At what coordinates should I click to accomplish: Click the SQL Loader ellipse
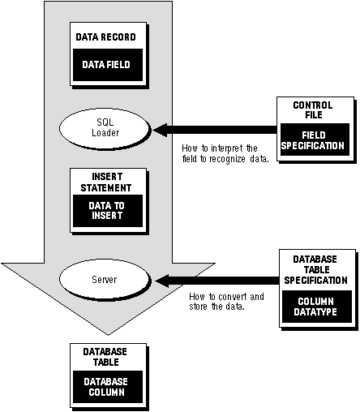104,128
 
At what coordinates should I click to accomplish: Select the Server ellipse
104,279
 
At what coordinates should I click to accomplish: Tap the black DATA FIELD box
108,65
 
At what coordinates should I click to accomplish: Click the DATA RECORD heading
105,37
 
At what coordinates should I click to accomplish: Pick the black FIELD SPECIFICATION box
315,139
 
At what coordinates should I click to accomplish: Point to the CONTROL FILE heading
313,109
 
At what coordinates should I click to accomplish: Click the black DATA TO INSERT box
108,211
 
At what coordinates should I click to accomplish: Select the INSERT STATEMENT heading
106,182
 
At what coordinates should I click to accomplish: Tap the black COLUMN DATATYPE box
317,307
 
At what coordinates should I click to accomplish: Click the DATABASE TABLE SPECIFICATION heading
315,270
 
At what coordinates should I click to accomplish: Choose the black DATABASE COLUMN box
108,387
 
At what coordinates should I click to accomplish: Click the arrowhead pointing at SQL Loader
160,130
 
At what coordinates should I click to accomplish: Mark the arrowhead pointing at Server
162,281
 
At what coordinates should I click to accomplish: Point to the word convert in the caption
233,297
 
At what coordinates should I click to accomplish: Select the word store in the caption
199,307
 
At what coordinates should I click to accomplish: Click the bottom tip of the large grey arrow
109,335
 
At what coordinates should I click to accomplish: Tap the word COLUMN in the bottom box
107,393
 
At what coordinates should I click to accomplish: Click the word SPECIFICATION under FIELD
312,146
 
